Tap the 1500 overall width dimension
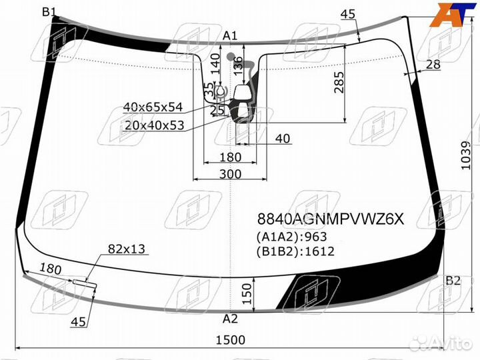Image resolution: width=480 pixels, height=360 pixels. coord(230,339)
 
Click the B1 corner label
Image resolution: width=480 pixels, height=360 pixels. coord(49,11)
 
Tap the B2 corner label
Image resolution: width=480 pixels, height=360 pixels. coord(453,280)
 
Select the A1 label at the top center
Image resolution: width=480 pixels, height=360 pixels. coord(231,35)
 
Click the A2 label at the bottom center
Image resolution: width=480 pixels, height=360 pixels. coord(230,318)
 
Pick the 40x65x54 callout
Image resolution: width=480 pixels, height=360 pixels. coord(153,107)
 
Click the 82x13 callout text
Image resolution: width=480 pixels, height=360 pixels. coord(127,249)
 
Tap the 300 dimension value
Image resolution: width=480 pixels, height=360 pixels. coord(230,174)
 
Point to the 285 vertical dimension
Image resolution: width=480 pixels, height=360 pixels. coord(338,81)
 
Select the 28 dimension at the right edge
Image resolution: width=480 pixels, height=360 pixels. coord(433,64)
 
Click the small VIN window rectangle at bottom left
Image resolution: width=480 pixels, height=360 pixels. coord(85,283)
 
